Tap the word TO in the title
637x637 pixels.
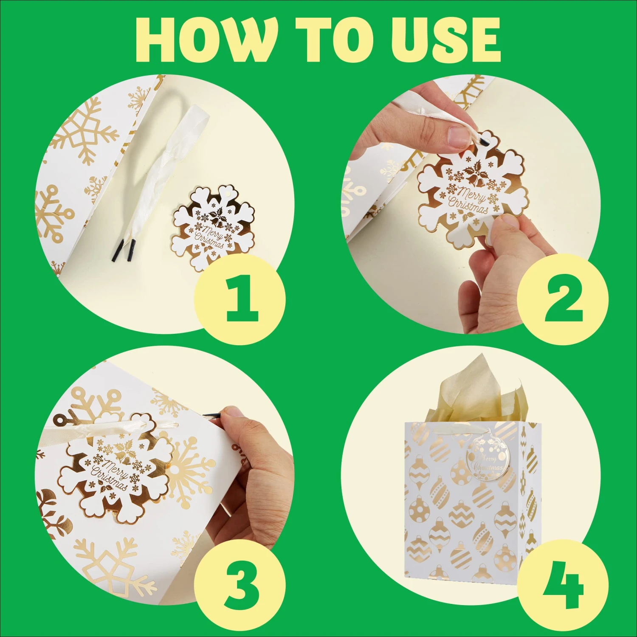point(335,41)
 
